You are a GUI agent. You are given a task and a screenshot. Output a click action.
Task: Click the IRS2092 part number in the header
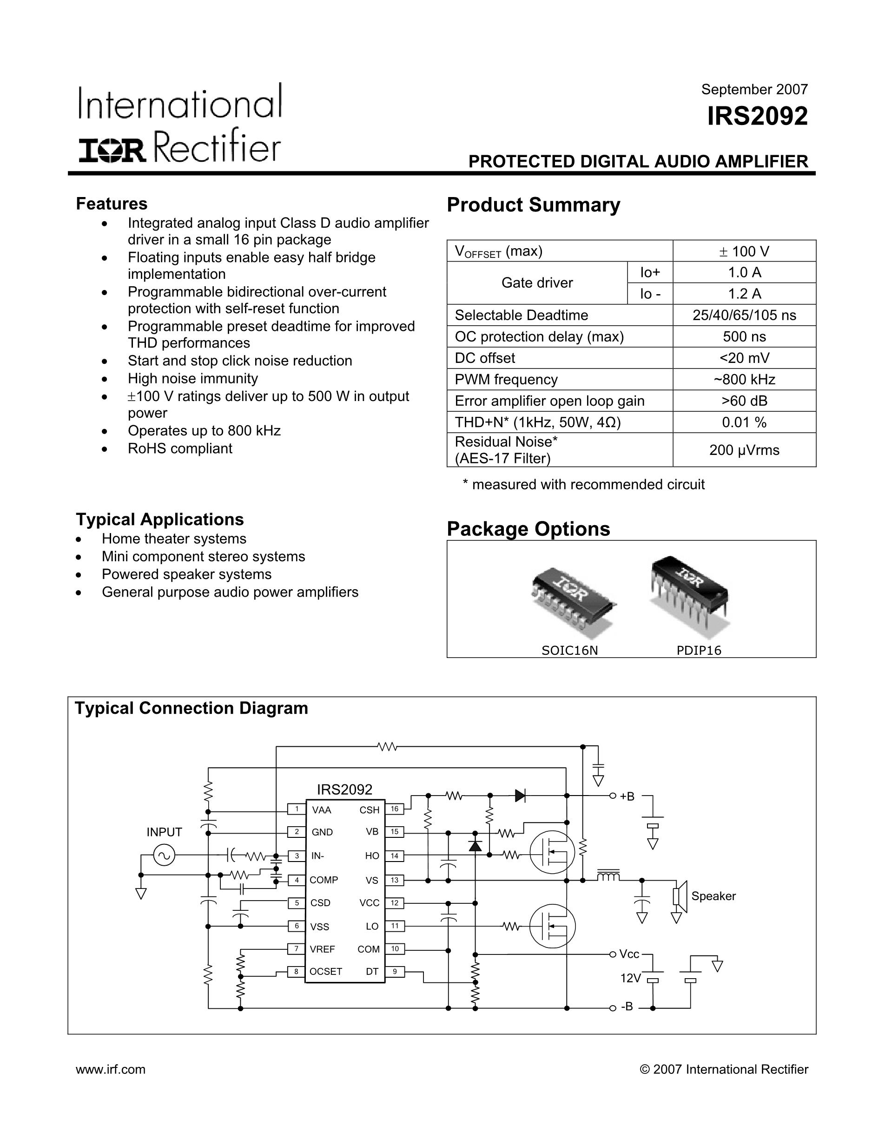757,116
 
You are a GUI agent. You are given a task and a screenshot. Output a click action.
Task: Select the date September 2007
754,90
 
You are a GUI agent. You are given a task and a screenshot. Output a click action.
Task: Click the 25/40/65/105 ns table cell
744,315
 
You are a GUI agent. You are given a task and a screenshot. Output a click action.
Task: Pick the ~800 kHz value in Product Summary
744,379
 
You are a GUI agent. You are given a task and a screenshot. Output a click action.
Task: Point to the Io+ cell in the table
650,272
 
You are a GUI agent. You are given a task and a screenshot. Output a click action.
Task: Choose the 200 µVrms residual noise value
744,450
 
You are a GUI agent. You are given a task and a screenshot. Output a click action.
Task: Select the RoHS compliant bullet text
180,449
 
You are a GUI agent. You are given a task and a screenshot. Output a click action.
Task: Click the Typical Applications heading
160,520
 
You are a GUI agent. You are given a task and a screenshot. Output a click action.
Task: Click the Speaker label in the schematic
713,896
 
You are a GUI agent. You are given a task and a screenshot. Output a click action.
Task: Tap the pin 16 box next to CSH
394,809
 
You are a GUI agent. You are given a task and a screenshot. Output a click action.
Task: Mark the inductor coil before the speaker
608,875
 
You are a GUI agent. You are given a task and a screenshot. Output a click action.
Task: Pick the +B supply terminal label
627,797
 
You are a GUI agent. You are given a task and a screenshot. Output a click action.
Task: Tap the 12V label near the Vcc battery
630,978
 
